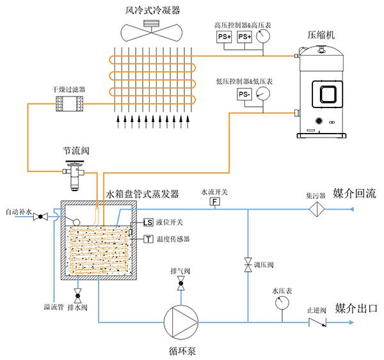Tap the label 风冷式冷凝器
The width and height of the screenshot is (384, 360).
pos(153,11)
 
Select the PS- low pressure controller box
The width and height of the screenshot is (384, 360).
pos(243,95)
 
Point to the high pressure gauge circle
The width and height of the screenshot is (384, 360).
pos(262,38)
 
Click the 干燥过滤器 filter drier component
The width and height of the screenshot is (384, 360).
pos(65,102)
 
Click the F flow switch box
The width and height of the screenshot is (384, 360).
pos(215,203)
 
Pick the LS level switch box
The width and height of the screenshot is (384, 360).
pos(148,223)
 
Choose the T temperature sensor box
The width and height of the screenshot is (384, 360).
pos(148,239)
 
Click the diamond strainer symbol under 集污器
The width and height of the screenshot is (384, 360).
pos(316,210)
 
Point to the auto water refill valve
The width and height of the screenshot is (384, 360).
pos(40,216)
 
